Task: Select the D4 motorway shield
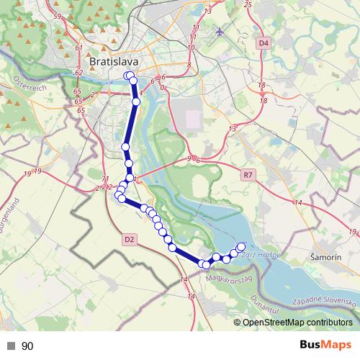click(264, 43)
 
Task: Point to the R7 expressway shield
click(248, 174)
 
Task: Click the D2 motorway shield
click(130, 239)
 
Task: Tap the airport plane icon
click(220, 32)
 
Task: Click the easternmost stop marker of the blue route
click(241, 247)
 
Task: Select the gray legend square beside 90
click(11, 346)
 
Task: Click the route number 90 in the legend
click(27, 346)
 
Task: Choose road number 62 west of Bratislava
click(78, 73)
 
